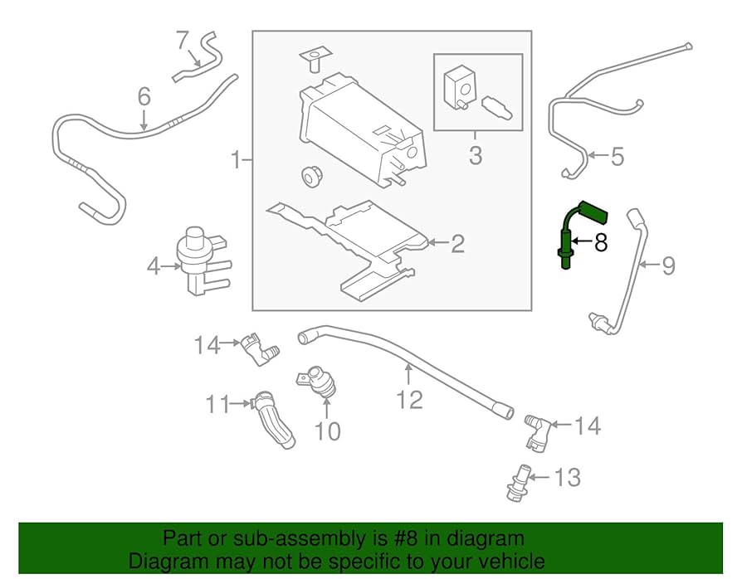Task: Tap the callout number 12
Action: click(409, 401)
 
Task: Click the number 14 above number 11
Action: click(207, 343)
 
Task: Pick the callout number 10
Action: click(328, 431)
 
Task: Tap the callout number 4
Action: click(153, 266)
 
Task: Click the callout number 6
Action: click(144, 97)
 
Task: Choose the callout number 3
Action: click(475, 155)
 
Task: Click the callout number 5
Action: click(616, 156)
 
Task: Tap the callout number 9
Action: click(668, 265)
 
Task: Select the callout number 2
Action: click(457, 244)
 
